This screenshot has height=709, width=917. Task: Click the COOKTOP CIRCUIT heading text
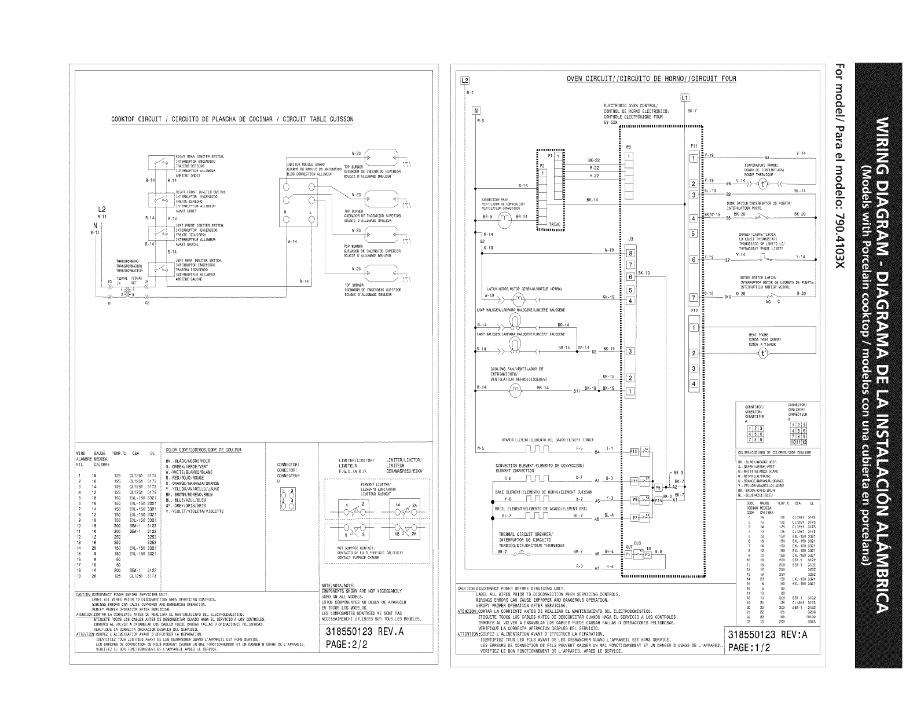pyautogui.click(x=232, y=119)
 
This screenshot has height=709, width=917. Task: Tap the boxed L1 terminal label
pyautogui.click(x=685, y=97)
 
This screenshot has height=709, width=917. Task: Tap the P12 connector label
pyautogui.click(x=694, y=311)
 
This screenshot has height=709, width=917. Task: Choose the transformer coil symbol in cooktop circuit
pyautogui.click(x=123, y=291)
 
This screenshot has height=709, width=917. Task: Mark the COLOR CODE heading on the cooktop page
pyautogui.click(x=203, y=449)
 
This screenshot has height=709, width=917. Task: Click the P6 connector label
pyautogui.click(x=628, y=147)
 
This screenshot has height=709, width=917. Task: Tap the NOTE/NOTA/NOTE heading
pyautogui.click(x=338, y=585)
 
